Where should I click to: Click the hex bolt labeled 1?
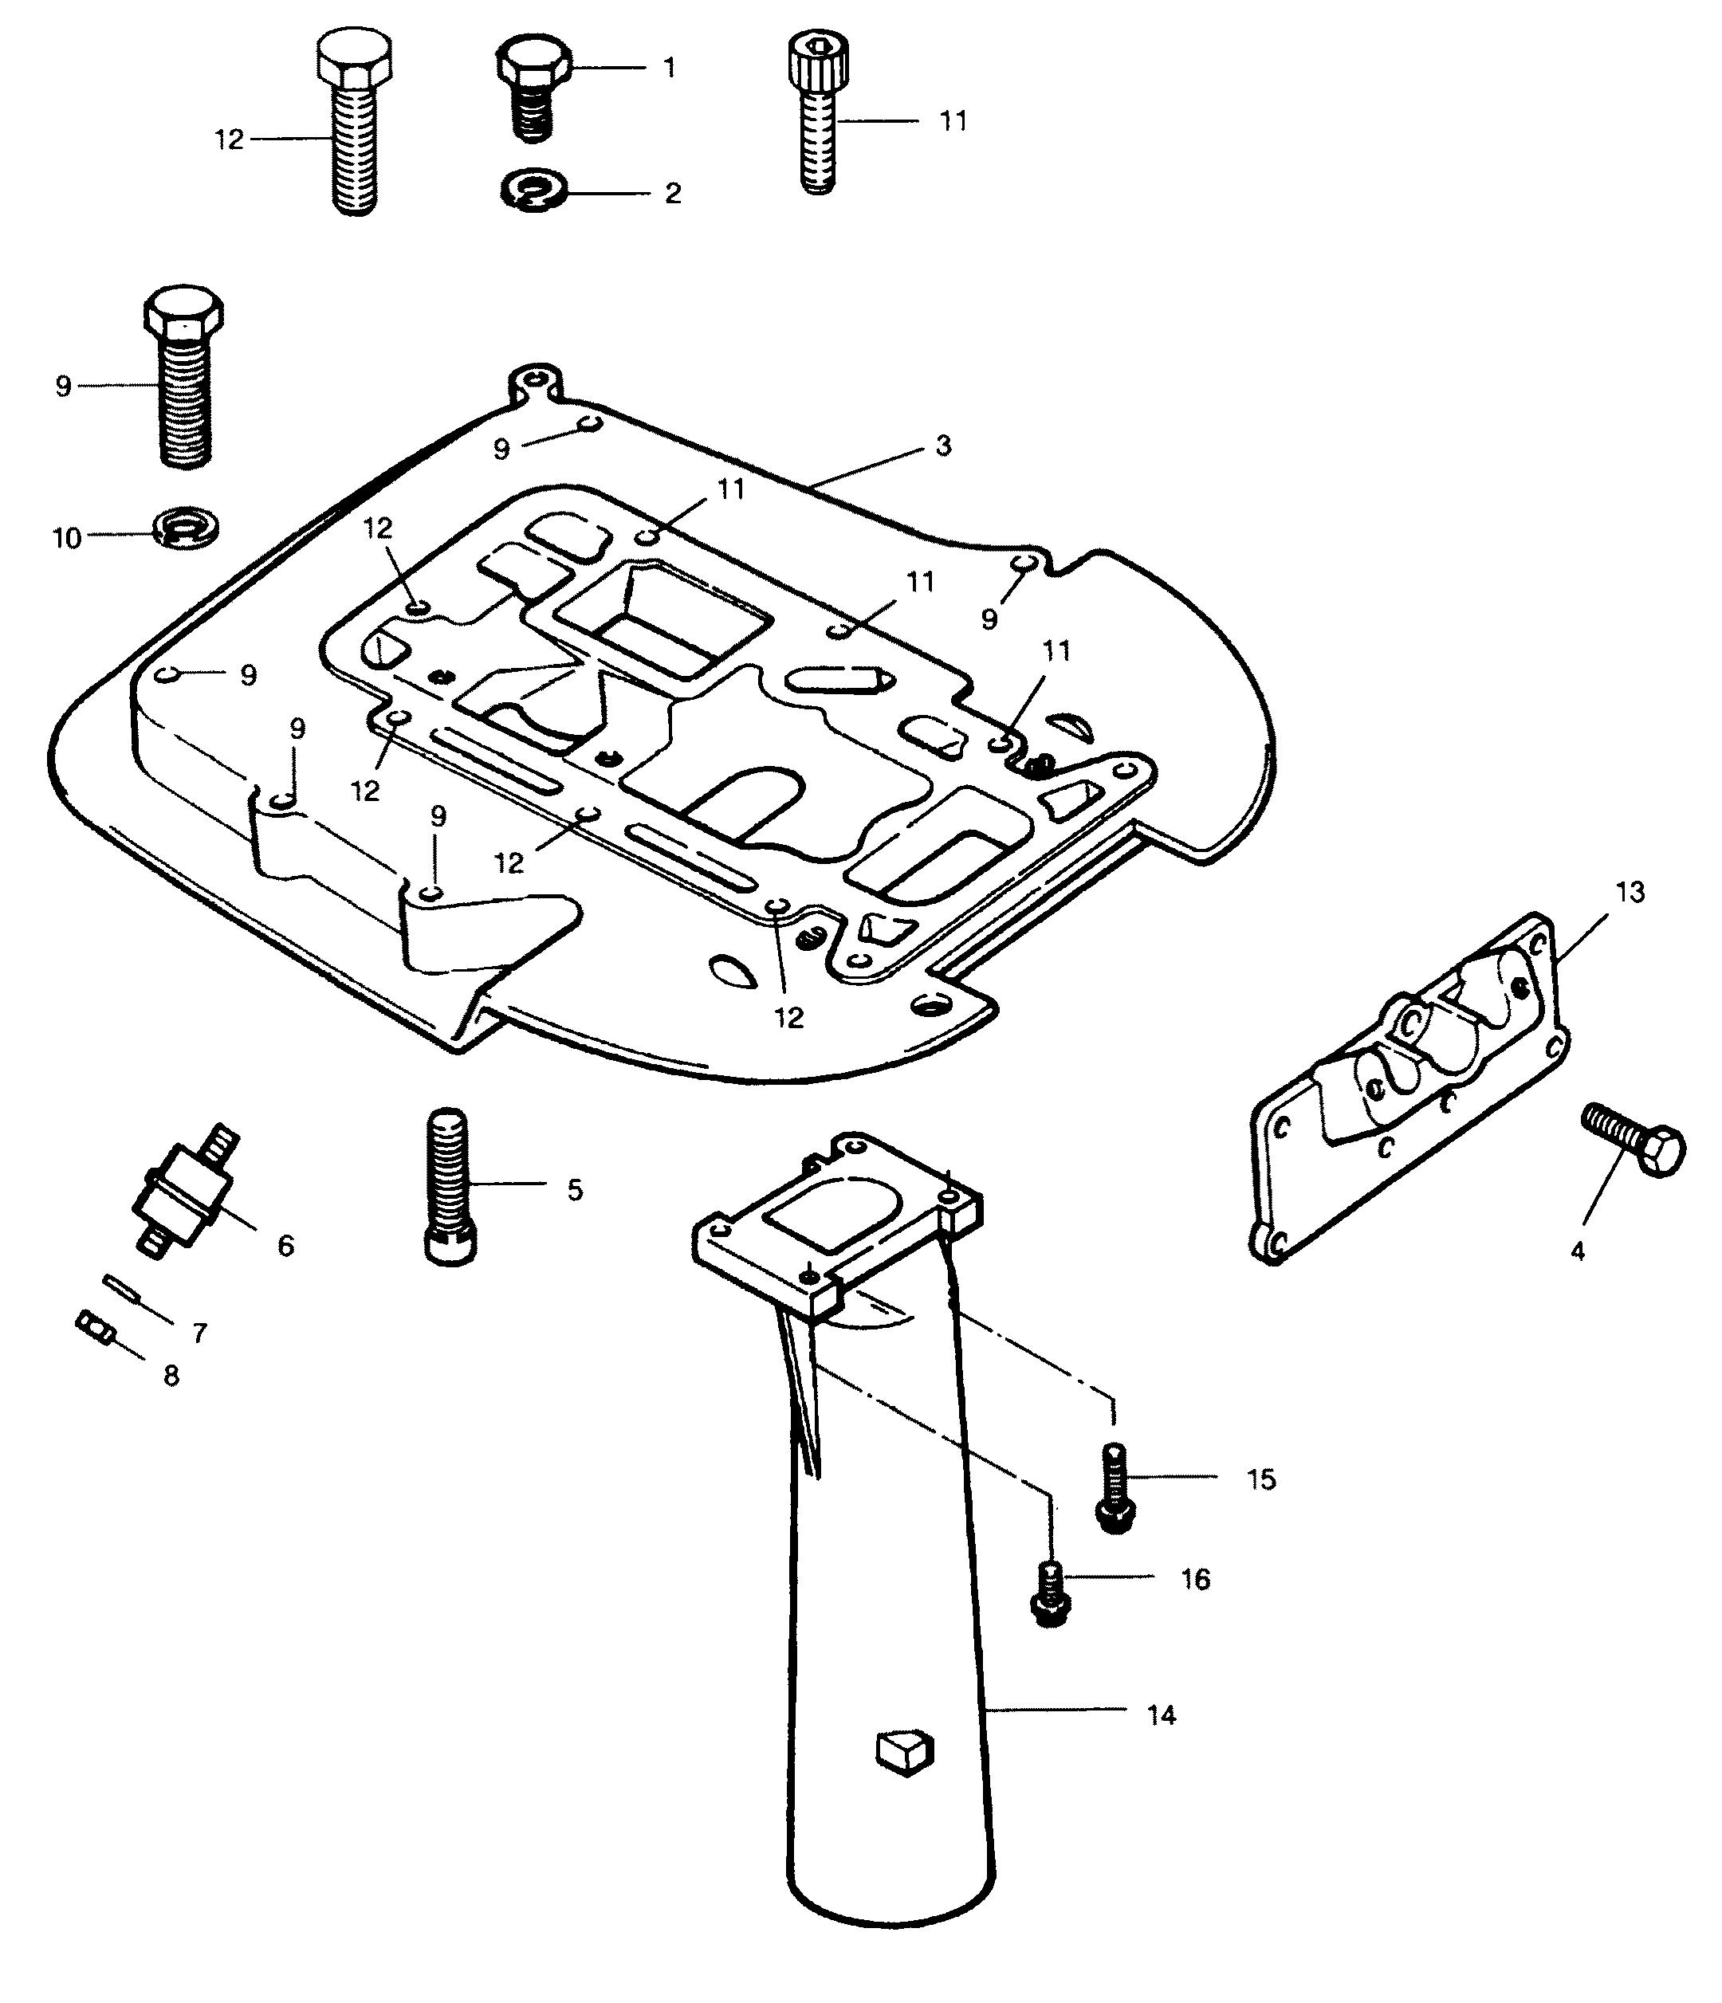(533, 87)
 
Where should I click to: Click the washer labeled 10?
(187, 528)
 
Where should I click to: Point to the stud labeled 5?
(450, 1185)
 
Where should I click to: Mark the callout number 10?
(65, 539)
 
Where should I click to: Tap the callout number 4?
(1577, 1252)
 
